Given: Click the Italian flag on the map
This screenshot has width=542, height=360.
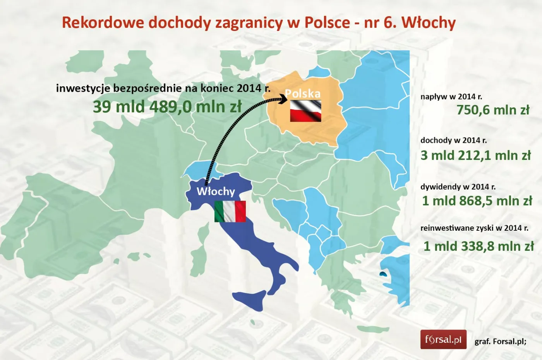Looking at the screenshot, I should tap(230, 211).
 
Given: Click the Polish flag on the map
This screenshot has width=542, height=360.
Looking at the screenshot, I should tap(305, 111).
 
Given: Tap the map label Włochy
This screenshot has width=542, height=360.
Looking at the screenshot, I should tap(216, 191).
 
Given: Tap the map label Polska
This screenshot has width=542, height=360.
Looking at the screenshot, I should tap(303, 94).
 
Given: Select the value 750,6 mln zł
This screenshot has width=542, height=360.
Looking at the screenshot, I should tap(492, 110).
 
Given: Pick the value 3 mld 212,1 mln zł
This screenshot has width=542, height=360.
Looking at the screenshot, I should tap(475, 155).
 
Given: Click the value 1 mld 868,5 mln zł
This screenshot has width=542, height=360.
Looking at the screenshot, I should tap(477, 201).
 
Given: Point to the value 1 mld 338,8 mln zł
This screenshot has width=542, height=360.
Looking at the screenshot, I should tap(479, 246).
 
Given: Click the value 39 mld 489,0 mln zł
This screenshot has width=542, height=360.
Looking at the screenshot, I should tap(167, 106).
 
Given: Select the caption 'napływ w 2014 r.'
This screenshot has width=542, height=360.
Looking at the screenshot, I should tap(451, 97).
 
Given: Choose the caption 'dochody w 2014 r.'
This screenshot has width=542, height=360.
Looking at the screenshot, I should tap(453, 140).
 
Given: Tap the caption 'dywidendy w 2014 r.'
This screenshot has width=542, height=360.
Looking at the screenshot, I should tap(458, 187).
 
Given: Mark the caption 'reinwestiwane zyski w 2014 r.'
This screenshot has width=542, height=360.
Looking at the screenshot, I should tap(474, 228).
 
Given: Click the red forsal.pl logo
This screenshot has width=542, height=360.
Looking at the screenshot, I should tap(443, 340).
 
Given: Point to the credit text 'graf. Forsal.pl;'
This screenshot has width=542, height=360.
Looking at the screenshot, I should tap(500, 341).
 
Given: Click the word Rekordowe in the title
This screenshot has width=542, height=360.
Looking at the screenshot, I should tap(103, 22).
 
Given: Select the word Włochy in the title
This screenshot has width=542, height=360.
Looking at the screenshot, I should tap(428, 22).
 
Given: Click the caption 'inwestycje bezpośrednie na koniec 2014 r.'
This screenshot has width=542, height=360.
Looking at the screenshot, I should tap(163, 88).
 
